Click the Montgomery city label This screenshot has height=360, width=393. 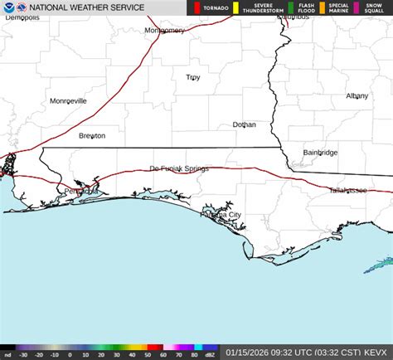[x=164, y=31]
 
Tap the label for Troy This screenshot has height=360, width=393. [x=192, y=78]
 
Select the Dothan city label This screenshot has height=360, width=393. [x=244, y=124]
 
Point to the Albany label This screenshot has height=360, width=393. [x=357, y=96]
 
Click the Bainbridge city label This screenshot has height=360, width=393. [x=320, y=153]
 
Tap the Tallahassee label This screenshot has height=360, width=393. [x=348, y=190]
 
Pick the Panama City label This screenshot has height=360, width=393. [x=221, y=215]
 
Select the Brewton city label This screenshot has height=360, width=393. [x=92, y=136]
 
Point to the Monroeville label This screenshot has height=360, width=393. [x=68, y=101]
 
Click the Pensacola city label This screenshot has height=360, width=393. [x=81, y=191]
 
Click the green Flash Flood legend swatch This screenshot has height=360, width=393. [x=290, y=7]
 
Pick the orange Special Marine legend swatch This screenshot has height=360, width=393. [x=323, y=7]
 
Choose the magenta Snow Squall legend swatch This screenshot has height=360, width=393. [x=357, y=7]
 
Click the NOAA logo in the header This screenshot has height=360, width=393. [x=8, y=7]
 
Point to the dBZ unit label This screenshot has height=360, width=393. [x=211, y=355]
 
